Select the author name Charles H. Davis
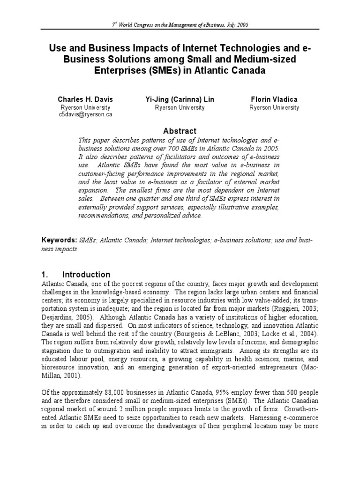85,99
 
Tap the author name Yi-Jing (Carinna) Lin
180,99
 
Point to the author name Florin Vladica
275,99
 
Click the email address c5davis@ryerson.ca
85,114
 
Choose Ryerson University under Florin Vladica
275,107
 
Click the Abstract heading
180,131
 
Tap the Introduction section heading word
87,275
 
